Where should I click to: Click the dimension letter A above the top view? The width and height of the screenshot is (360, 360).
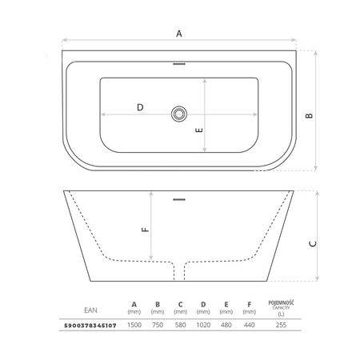(179, 34)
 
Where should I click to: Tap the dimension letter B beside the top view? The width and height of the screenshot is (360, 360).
(309, 116)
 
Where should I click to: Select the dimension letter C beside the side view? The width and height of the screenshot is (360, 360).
(313, 244)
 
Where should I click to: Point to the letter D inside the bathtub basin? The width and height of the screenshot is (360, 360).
(140, 107)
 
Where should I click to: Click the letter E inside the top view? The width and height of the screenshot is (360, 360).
(199, 130)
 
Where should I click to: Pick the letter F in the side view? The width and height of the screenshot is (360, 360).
(146, 230)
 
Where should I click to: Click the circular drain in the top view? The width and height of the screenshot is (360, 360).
(179, 114)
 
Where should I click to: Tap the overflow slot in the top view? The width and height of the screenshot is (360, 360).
(179, 64)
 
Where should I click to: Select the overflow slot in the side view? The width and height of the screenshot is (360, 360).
(179, 199)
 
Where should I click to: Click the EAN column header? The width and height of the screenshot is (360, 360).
(90, 310)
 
